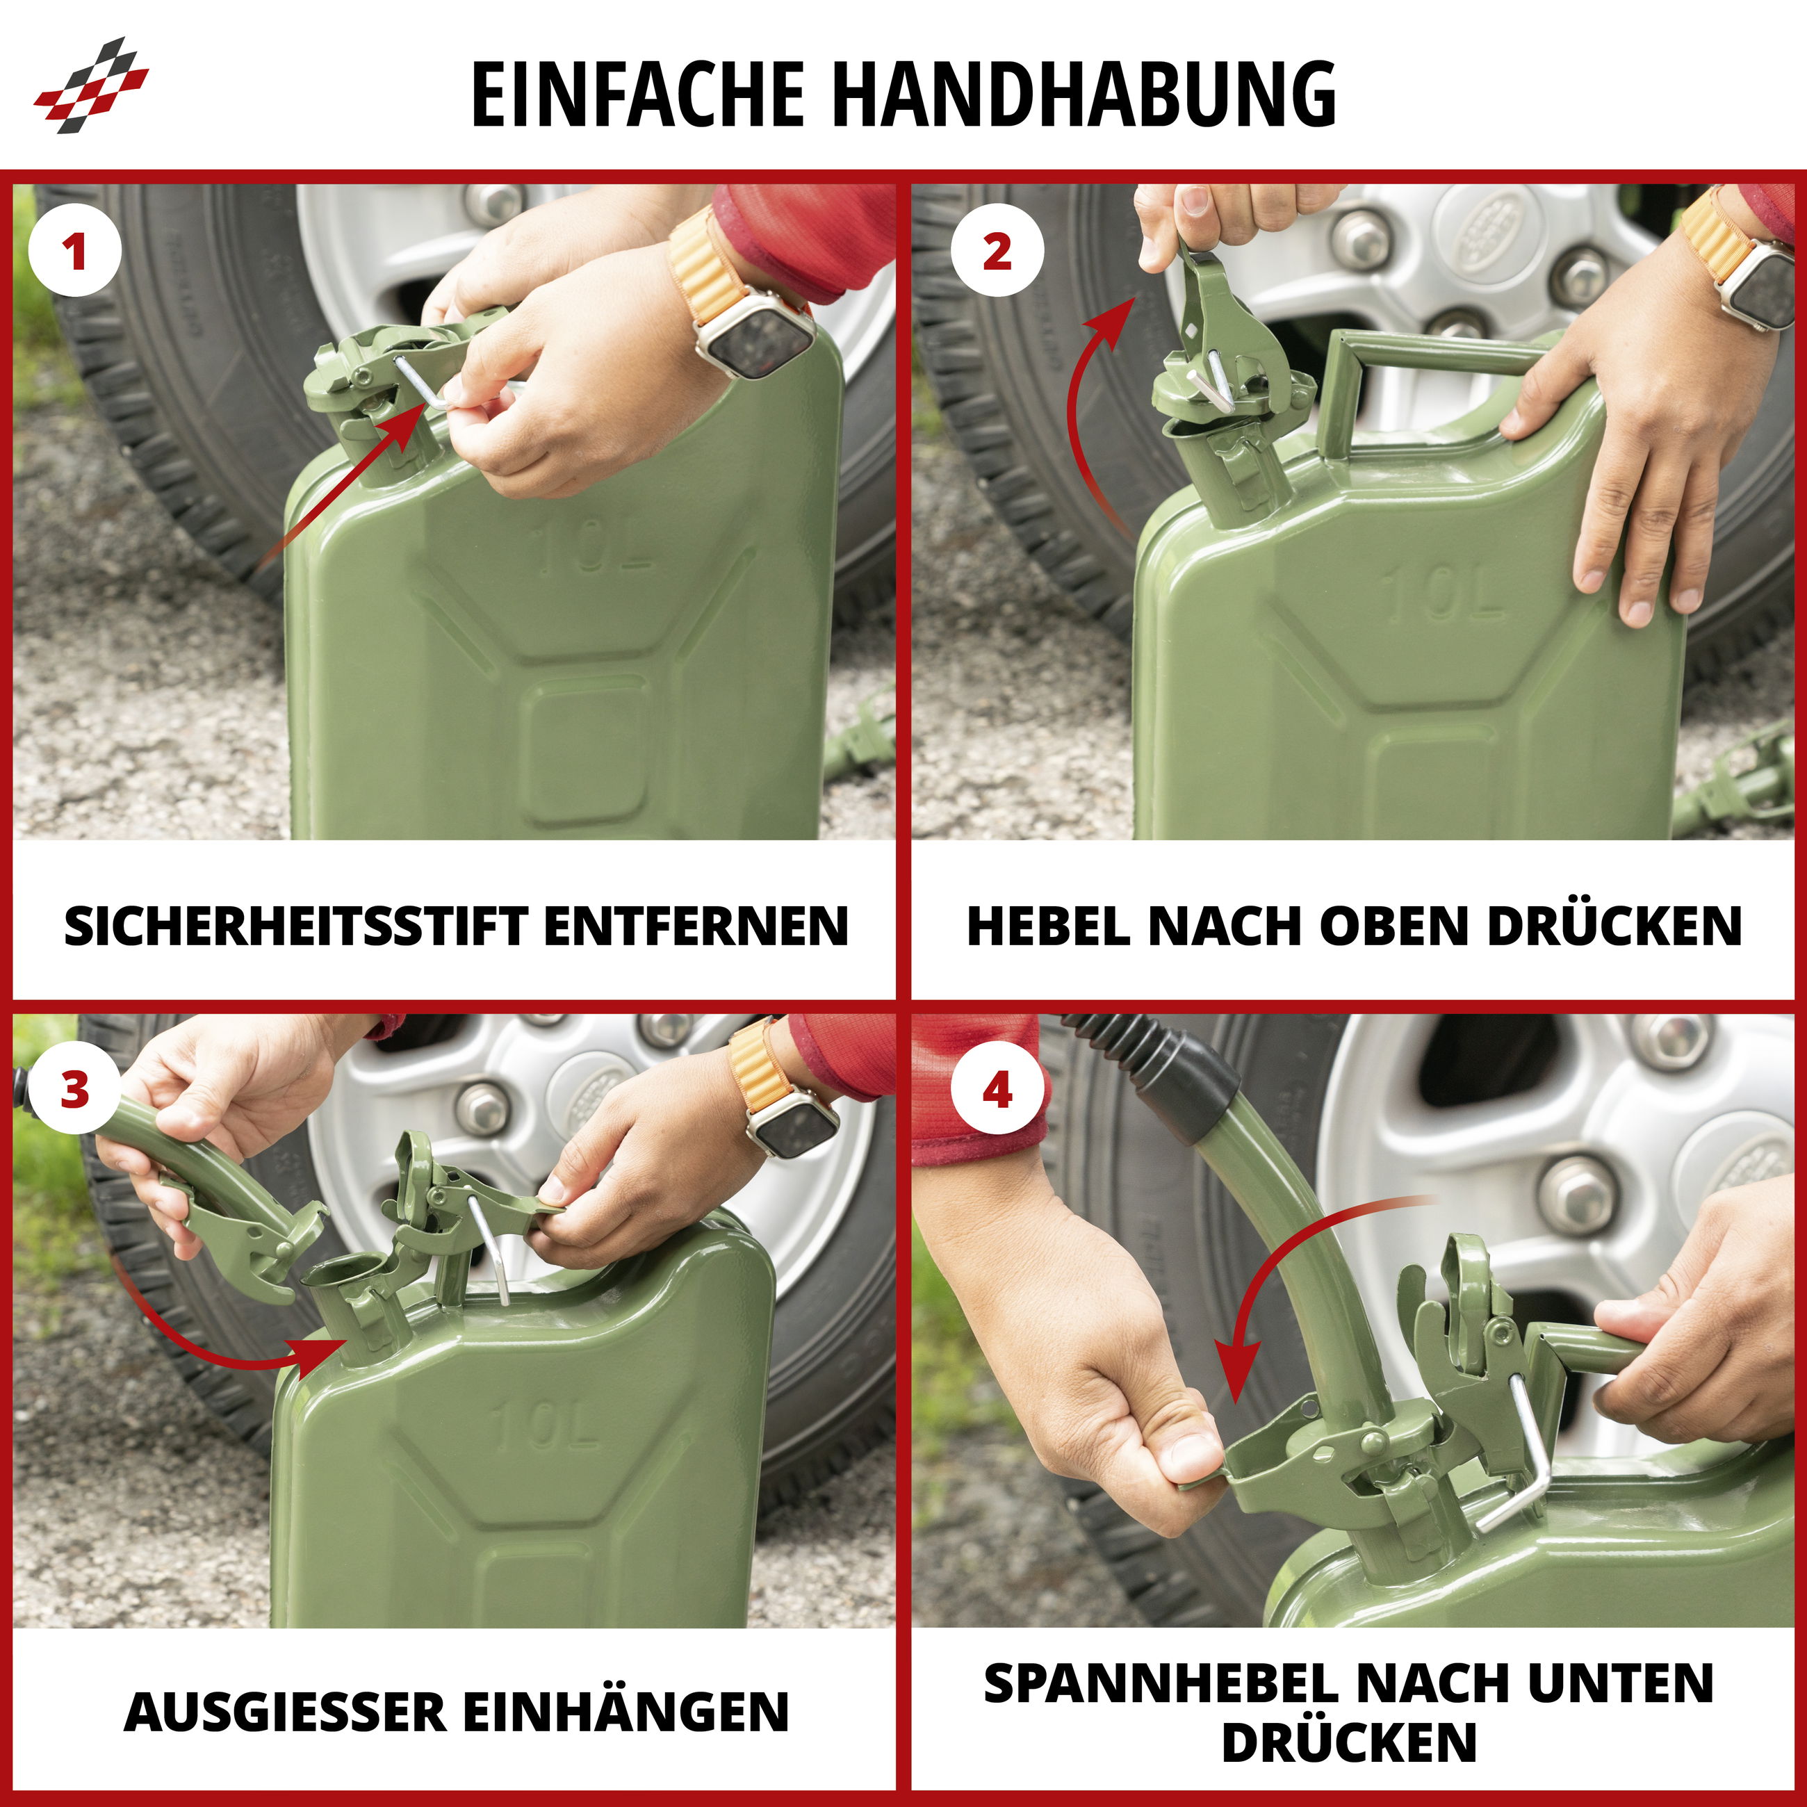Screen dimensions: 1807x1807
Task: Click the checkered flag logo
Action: point(91,85)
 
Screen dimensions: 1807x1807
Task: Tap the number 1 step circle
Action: point(75,251)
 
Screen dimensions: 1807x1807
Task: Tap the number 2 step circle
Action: point(997,251)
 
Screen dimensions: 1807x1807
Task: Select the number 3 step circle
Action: point(75,1090)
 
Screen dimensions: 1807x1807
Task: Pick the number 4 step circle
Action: point(997,1090)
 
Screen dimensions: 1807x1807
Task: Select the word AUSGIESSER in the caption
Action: point(285,1712)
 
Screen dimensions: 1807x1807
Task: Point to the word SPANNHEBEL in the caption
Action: point(1160,1683)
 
